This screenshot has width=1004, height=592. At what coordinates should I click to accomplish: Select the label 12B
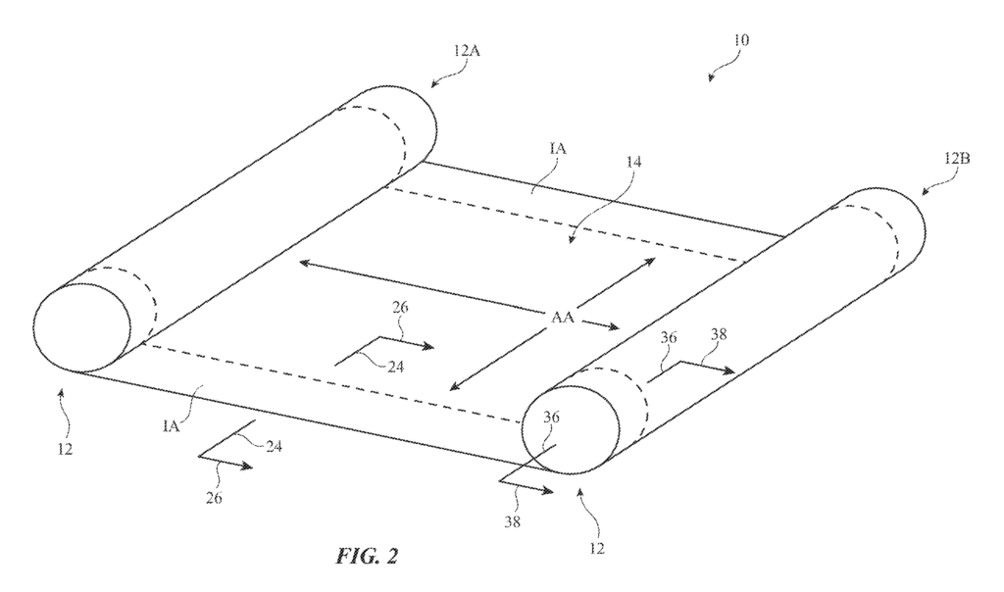point(957,158)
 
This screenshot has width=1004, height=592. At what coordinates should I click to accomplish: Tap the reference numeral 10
point(741,39)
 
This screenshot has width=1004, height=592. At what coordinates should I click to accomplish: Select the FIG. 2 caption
point(367,556)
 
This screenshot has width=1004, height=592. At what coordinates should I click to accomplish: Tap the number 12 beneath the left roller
point(64,449)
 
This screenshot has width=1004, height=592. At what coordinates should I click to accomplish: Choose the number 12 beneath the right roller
point(597,549)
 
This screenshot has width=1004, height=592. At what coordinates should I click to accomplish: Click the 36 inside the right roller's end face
point(551,418)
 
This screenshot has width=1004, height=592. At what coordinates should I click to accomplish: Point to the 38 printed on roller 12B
point(719,334)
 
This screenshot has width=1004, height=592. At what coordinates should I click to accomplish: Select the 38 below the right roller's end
point(512,521)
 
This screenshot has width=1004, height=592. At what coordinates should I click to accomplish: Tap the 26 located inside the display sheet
point(400,307)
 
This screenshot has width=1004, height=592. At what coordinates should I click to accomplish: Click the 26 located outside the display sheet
point(214,497)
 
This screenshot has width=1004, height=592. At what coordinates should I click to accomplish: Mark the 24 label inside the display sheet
point(396,368)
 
